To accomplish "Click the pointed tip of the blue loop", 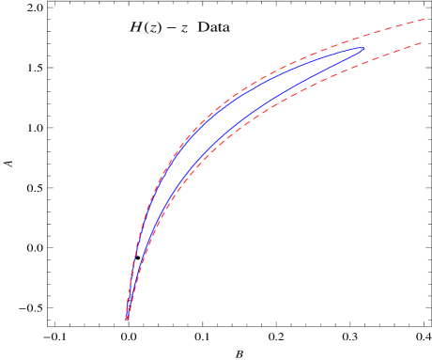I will pyautogui.click(x=363, y=49).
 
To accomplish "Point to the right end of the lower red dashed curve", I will pyautogui.click(x=424, y=42).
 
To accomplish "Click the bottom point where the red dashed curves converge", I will pyautogui.click(x=127, y=320).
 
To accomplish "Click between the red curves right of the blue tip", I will pyautogui.click(x=394, y=40).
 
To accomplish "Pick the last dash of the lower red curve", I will pyautogui.click(x=419, y=44).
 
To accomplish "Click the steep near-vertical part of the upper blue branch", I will pyautogui.click(x=134, y=244).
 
